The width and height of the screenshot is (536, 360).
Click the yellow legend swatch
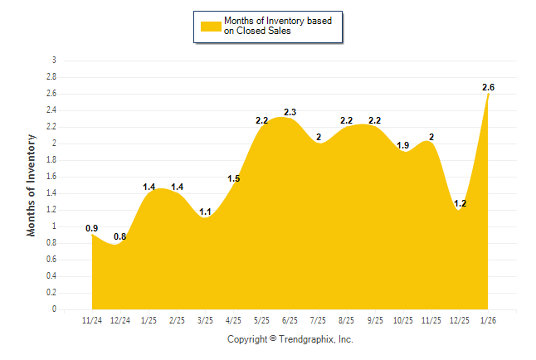(x=211, y=26)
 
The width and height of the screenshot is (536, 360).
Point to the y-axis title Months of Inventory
(x=32, y=185)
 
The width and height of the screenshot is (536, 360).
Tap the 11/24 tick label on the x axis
(x=92, y=320)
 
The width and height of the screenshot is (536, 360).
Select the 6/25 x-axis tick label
(x=290, y=320)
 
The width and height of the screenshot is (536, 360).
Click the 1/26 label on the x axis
(x=489, y=320)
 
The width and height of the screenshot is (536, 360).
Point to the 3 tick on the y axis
(x=54, y=61)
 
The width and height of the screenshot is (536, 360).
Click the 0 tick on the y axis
(x=54, y=309)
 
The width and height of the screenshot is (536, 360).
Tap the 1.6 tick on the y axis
(x=51, y=177)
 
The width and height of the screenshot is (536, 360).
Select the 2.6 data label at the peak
(x=489, y=87)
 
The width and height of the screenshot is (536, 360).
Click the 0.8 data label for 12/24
(x=120, y=236)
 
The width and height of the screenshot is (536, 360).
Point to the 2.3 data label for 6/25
(x=290, y=112)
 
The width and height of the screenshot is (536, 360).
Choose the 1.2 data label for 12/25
(x=460, y=203)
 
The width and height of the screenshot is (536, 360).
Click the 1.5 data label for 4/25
(x=233, y=178)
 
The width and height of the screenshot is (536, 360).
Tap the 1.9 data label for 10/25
(x=403, y=145)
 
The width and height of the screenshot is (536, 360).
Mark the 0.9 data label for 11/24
(x=92, y=228)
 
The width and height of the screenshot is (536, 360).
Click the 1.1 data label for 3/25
(x=205, y=212)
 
